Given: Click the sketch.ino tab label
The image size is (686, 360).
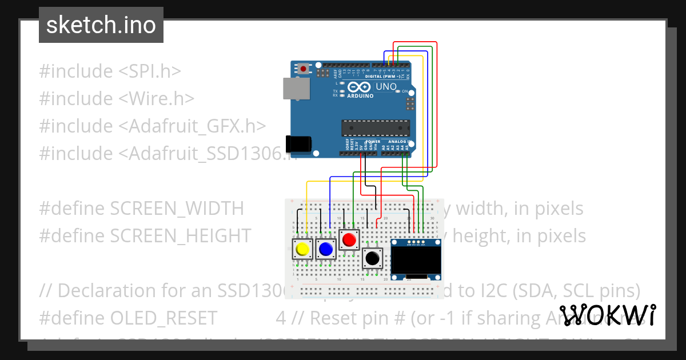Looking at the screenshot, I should click(101, 25).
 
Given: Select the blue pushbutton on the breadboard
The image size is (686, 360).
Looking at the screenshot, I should click(326, 249).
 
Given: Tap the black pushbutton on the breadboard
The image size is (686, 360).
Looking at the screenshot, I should click(373, 258).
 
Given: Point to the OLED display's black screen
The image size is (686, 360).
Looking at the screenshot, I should click(416, 261).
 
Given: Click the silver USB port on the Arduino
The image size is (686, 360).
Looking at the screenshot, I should click(296, 89).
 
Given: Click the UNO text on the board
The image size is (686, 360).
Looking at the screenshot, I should click(386, 87).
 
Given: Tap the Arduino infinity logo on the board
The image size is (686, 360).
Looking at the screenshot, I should click(360, 87).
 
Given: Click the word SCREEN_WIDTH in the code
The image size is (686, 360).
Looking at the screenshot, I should click(177, 209).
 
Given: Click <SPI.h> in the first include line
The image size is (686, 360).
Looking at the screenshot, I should click(150, 71).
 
